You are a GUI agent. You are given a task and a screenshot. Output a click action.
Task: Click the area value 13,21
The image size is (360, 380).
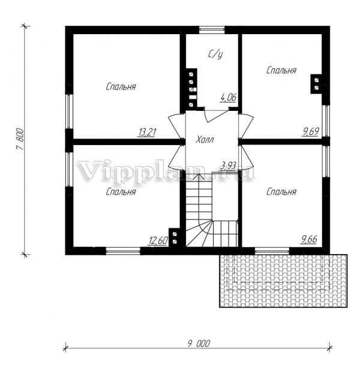147,132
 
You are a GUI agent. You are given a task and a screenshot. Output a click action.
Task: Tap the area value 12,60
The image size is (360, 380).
158,241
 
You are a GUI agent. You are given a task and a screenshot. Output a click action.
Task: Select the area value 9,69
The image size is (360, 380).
310,131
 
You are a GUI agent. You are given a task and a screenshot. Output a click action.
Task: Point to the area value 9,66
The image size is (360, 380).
309,239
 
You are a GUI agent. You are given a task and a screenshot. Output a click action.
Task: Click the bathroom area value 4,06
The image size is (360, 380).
228,98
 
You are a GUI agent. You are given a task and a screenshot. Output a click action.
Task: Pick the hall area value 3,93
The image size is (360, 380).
229,165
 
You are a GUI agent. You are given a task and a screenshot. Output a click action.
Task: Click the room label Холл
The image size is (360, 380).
205,140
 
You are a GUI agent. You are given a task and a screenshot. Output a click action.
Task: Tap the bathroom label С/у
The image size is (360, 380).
215,55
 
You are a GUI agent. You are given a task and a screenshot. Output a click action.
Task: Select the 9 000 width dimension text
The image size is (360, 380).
199,343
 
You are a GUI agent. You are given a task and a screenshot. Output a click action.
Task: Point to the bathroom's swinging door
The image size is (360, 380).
217,116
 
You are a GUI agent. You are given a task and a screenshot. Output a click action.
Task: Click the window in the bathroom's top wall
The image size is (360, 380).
212,30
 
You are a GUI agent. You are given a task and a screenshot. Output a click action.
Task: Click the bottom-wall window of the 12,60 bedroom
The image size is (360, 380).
123,251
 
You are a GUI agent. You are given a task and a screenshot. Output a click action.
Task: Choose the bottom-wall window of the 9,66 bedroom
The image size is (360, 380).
272,251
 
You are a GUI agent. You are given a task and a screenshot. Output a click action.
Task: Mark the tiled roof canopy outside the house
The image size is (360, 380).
283,281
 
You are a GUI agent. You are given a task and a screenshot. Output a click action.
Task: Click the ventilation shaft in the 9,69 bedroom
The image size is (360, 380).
316,83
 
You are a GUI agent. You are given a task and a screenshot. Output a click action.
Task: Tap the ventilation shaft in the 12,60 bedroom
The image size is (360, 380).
175,238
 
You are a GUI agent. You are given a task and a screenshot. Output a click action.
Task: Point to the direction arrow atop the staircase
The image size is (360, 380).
199,177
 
